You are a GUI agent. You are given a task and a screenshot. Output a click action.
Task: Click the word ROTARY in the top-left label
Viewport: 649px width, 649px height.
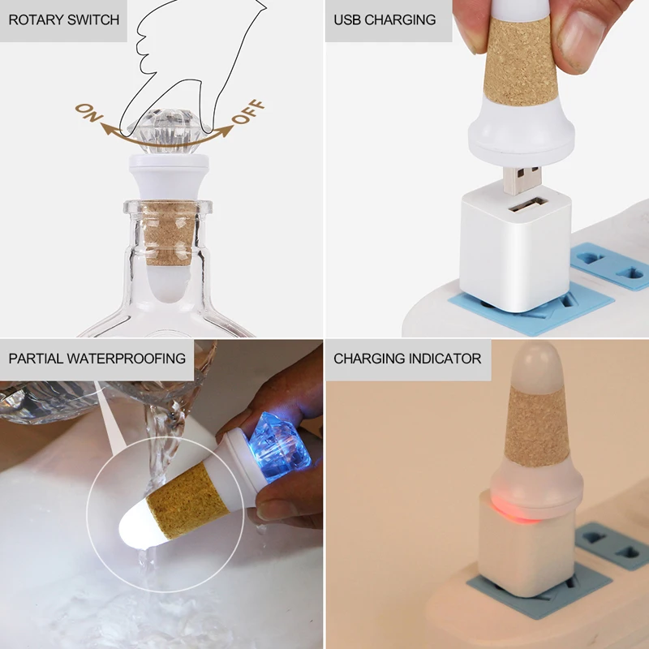(34, 19)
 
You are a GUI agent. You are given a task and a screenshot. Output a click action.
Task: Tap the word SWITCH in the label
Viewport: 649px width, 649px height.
(92, 19)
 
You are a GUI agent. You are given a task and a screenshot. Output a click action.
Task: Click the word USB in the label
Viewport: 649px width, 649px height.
(347, 19)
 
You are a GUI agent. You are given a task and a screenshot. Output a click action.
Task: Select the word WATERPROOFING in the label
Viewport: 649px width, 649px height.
(127, 359)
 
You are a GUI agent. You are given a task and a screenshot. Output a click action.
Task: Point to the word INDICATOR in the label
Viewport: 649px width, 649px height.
(445, 359)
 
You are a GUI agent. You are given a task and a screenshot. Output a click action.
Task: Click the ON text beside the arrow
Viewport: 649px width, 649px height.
(88, 113)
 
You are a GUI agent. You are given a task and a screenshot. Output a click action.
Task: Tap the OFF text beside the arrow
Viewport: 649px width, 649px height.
(248, 112)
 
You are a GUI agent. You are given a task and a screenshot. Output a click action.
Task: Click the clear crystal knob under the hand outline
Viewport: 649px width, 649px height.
(169, 131)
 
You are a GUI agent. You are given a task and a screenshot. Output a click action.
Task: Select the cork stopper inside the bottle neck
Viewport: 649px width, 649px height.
(169, 233)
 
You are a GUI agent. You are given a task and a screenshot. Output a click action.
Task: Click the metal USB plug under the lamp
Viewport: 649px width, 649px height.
(522, 180)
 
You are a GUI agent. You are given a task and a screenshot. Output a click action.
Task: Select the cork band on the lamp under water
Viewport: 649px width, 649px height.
(187, 500)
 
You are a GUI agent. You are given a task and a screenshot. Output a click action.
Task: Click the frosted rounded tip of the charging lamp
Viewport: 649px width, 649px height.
(536, 364)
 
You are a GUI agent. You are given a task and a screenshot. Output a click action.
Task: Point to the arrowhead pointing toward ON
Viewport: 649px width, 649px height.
(108, 129)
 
